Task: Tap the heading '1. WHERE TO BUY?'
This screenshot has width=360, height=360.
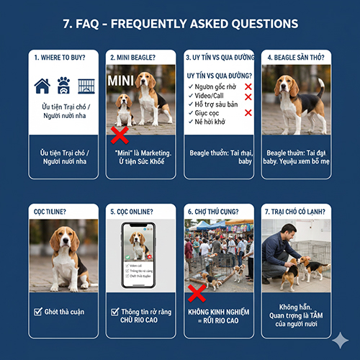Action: [x=58, y=57]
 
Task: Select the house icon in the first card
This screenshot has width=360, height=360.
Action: [x=42, y=88]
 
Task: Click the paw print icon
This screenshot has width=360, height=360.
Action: [x=63, y=86]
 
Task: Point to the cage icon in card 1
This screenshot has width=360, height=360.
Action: [x=86, y=87]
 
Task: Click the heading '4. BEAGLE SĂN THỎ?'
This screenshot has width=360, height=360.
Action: [x=297, y=57]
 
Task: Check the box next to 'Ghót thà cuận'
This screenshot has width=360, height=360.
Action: [x=37, y=311]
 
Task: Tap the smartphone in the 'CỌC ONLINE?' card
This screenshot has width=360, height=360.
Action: [x=140, y=256]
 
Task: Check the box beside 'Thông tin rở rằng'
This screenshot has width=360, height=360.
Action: [x=115, y=311]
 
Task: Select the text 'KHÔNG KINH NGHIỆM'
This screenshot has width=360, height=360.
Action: [x=218, y=312]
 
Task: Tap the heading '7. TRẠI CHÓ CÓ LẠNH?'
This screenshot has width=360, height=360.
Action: [x=296, y=212]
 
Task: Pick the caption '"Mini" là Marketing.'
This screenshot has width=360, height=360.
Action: [x=140, y=153]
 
